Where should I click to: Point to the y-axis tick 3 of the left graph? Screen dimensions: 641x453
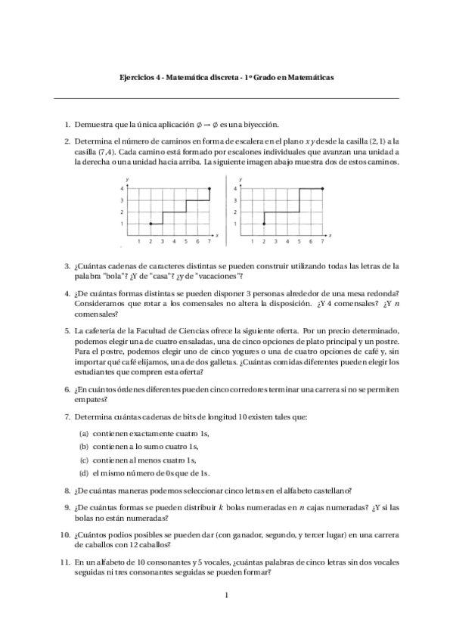pos(122,200)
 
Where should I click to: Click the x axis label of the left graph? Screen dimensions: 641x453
pos(217,237)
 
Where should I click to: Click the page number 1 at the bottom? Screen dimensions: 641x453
pos(226,596)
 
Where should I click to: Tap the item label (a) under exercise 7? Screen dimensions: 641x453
pos(84,434)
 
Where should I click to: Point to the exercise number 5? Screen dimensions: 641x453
pos(67,330)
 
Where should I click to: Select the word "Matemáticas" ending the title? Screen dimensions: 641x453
pos(310,77)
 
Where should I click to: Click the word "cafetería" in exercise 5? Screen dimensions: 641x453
pos(101,330)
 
